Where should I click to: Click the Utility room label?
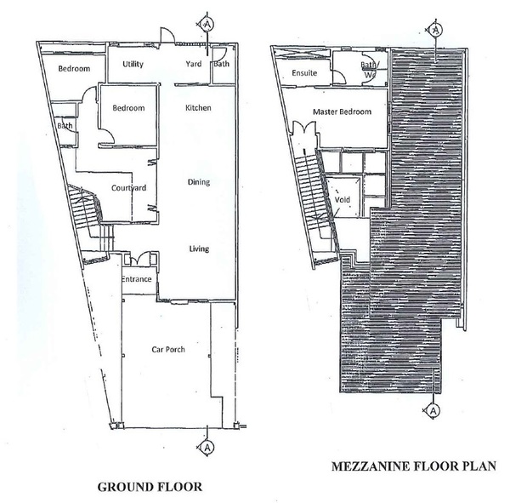[133, 64]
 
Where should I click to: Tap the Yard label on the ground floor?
[194, 64]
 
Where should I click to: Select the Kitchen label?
[198, 108]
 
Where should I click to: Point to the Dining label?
[198, 182]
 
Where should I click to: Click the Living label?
[199, 249]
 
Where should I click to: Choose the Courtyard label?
[129, 188]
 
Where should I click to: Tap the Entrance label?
[136, 279]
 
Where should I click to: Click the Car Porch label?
[168, 350]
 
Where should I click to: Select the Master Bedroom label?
[342, 112]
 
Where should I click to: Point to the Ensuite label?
[304, 73]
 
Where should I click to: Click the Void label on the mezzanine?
[343, 199]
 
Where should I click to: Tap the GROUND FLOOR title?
[150, 487]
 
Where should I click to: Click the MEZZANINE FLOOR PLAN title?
[414, 466]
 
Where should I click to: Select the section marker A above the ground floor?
[207, 24]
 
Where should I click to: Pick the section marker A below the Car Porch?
[207, 448]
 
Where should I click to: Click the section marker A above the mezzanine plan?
[435, 30]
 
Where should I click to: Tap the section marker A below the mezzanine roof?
[433, 411]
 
